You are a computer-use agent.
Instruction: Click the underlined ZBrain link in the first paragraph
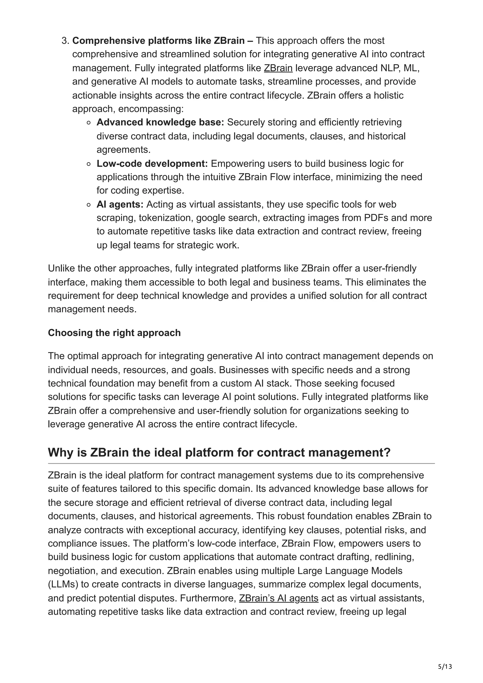tap(278, 68)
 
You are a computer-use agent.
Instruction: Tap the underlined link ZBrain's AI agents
tap(279, 598)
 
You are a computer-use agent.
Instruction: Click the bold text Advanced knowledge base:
tap(160, 122)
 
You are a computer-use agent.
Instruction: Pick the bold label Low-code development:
tap(152, 164)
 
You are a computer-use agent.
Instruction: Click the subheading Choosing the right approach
tap(114, 333)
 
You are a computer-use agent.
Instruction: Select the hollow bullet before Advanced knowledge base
tap(88, 123)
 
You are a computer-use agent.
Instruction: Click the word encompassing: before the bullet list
tap(151, 109)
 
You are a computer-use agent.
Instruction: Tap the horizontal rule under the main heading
tap(241, 463)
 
